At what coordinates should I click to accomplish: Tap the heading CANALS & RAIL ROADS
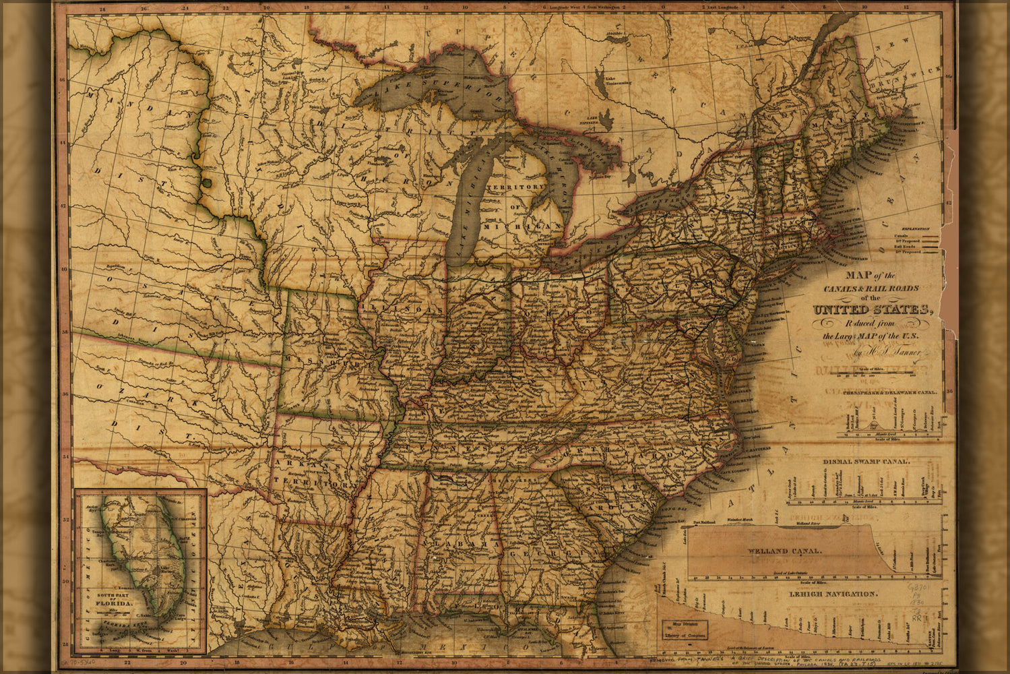tap(871, 288)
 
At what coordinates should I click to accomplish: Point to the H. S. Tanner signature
tap(903, 352)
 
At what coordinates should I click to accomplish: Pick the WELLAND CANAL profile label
tap(784, 551)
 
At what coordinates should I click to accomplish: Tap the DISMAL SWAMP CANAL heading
tap(866, 462)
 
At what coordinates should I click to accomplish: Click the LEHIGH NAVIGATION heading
tap(833, 594)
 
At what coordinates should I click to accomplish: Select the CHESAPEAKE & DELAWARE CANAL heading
tap(881, 391)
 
